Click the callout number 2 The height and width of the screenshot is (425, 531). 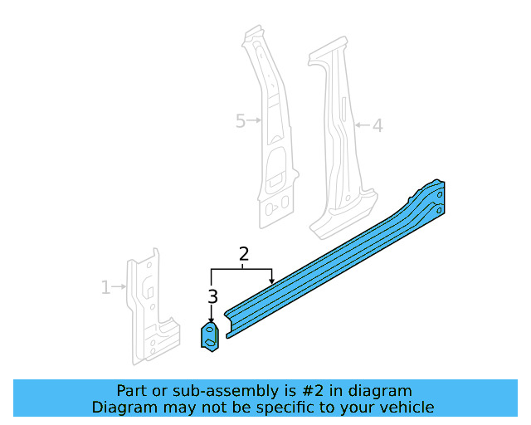pyautogui.click(x=244, y=254)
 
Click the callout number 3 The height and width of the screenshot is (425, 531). pyautogui.click(x=212, y=296)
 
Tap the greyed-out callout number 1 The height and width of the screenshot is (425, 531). pyautogui.click(x=105, y=288)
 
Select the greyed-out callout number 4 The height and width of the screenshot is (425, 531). pyautogui.click(x=377, y=126)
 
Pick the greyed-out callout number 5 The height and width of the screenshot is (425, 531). pyautogui.click(x=241, y=121)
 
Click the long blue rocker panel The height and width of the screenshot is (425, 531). pyautogui.click(x=332, y=266)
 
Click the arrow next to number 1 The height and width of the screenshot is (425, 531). pyautogui.click(x=119, y=288)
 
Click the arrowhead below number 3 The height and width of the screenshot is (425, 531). pyautogui.click(x=212, y=320)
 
